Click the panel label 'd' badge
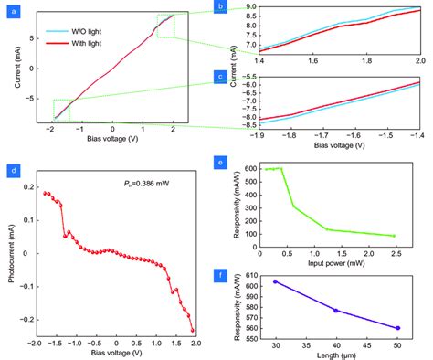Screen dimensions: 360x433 click(x=11, y=171)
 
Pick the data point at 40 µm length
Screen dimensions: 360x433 click(x=335, y=311)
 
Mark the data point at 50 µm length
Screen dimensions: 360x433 click(x=396, y=328)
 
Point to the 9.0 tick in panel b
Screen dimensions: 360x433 click(x=246, y=7)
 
